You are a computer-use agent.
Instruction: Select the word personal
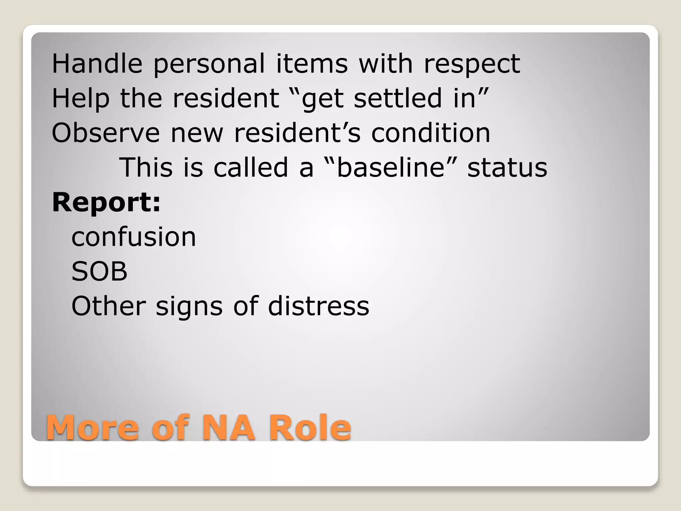(x=209, y=64)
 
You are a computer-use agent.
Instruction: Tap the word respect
(x=472, y=64)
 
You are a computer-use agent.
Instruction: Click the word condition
(x=431, y=133)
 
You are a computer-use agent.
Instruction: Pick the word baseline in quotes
(x=391, y=167)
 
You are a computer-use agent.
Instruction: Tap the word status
(x=507, y=167)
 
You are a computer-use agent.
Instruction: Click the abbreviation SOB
(x=99, y=271)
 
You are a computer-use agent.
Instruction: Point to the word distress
(x=319, y=306)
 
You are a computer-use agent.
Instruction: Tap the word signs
(x=189, y=306)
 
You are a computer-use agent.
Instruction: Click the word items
(x=312, y=64)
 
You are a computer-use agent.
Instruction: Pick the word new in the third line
(x=197, y=133)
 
